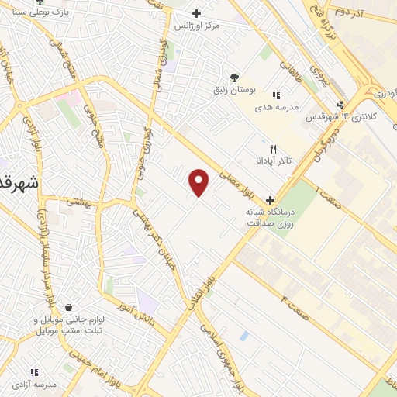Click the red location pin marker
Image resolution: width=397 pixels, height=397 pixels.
(x=200, y=182)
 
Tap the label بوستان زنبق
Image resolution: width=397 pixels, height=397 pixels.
(x=235, y=90)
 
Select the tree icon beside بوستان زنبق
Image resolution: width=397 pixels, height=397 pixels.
(x=235, y=76)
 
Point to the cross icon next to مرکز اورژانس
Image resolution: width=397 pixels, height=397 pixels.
(x=197, y=12)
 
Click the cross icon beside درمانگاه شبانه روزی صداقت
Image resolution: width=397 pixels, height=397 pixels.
(x=270, y=198)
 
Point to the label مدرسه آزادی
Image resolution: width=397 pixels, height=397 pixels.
(x=34, y=385)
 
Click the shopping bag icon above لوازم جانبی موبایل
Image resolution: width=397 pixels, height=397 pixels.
(x=70, y=307)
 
